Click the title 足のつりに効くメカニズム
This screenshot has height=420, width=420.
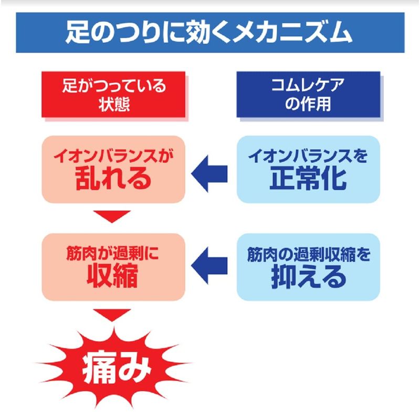pos(208,33)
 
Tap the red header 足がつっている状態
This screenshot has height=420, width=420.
pos(113,94)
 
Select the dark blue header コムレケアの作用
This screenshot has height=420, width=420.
pos(308,94)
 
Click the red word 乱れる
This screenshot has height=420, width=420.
pos(113,178)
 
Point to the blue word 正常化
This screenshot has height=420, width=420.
pos(308,178)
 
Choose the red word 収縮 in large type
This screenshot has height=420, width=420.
pos(112,276)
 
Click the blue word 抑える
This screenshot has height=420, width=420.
pos(309,277)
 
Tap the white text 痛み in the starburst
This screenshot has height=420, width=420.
pos(117,367)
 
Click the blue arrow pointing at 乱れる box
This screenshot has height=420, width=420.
pos(209,174)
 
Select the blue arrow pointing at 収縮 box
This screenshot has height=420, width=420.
pos(209,266)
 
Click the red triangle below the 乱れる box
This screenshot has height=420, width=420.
pos(112,216)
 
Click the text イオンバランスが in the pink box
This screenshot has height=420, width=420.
pos(113,155)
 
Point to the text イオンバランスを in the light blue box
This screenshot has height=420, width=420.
pos(308,155)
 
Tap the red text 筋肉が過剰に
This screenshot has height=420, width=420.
pos(112,254)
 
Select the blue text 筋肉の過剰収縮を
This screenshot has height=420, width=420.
pos(309,255)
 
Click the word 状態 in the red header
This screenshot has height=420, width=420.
pos(114,104)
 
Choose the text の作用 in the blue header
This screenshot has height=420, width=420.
pos(308,104)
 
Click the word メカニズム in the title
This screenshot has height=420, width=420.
pos(292,33)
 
